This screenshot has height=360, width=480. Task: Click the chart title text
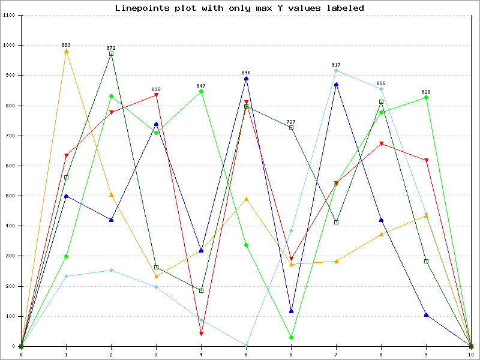tap(239, 8)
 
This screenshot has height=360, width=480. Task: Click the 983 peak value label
tap(66, 45)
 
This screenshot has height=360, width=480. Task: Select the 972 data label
tap(111, 48)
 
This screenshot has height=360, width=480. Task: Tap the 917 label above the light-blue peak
tap(336, 65)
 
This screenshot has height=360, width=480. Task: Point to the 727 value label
tap(291, 122)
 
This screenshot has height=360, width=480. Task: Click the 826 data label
tap(426, 92)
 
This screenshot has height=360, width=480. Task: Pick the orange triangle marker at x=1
tap(66, 51)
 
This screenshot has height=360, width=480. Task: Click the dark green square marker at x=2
tap(111, 54)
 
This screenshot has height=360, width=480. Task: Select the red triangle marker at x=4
tap(201, 334)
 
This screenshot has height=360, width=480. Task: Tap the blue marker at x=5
tap(246, 79)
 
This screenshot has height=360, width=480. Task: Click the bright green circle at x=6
tap(291, 338)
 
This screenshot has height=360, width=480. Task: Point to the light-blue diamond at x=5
tap(246, 345)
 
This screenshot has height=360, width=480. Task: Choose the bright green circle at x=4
tap(201, 92)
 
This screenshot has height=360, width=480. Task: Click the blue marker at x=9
tap(426, 314)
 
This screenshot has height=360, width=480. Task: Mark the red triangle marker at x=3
tap(156, 95)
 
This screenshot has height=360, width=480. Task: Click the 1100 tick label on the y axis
tap(9, 15)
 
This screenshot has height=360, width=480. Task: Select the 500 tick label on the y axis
tap(10, 196)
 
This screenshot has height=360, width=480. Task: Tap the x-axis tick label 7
tap(336, 355)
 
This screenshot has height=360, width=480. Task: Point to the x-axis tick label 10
tap(471, 355)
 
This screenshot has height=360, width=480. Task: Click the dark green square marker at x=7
tap(336, 223)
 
